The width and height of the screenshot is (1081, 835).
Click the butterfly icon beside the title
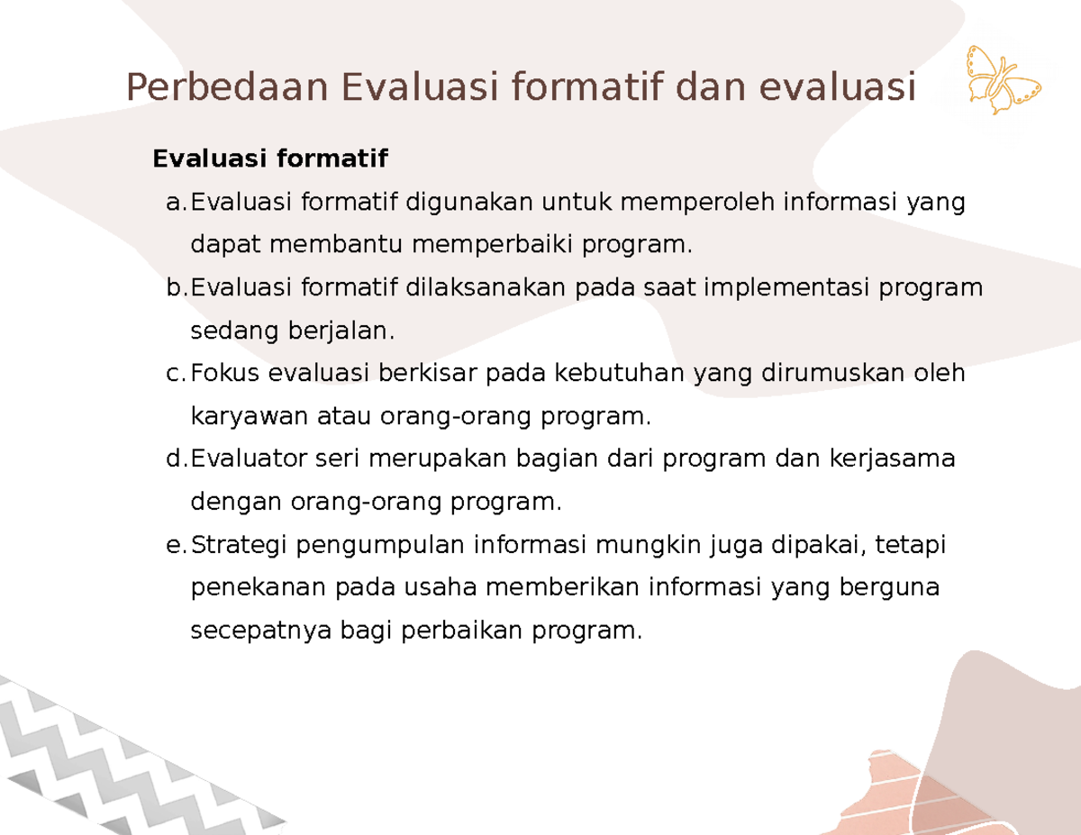click(x=1003, y=81)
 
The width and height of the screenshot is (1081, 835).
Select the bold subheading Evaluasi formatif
click(x=270, y=159)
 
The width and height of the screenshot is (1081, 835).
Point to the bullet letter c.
click(x=176, y=374)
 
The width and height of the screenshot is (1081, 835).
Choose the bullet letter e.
click(x=176, y=545)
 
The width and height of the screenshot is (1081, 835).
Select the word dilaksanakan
click(x=485, y=287)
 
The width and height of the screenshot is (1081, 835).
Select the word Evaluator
click(x=250, y=459)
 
